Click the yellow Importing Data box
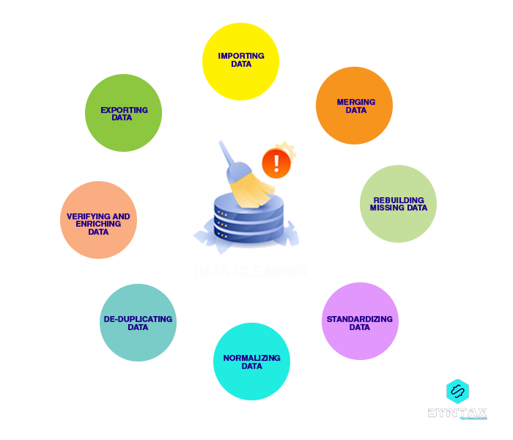point(241,62)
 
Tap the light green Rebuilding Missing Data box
point(399,203)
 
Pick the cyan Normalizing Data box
point(251,362)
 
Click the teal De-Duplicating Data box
point(138,323)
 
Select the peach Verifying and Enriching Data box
point(99,220)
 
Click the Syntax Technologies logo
point(457,400)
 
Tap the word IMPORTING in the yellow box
point(241,56)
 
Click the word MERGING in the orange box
point(356,102)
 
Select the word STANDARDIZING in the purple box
point(360,319)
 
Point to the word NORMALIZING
point(252,358)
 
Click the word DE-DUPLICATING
point(138,319)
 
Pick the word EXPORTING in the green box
point(124,110)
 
